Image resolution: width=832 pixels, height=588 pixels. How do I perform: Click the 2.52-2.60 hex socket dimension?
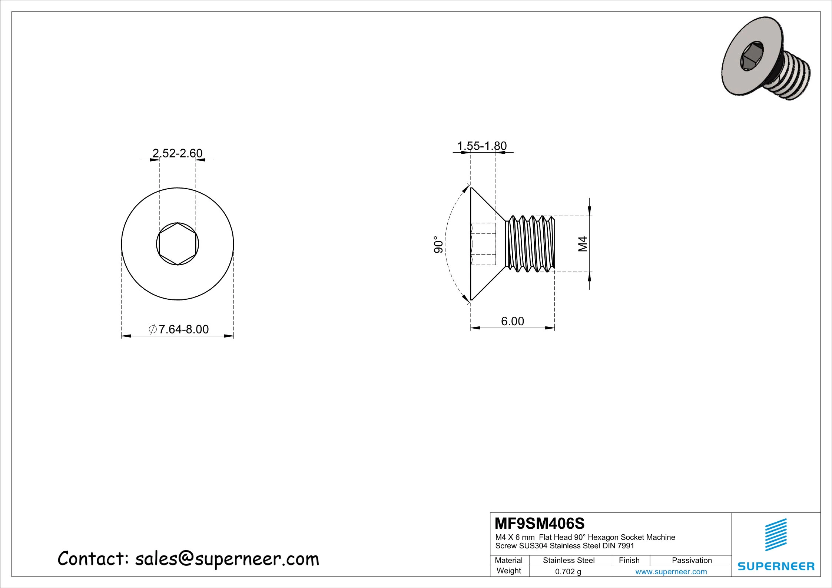[178, 153]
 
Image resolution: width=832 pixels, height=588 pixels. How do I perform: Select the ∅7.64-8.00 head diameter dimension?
[179, 329]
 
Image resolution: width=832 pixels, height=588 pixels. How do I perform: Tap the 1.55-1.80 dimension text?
[482, 146]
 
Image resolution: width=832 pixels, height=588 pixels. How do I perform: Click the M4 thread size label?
[583, 244]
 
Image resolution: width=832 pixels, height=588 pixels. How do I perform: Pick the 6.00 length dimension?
[513, 321]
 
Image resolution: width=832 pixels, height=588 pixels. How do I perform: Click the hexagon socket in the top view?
[178, 244]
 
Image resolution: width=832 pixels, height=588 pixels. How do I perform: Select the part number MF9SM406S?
[540, 524]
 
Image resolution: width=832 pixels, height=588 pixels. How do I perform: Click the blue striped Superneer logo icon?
[776, 535]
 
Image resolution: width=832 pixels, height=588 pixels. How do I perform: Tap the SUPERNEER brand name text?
[776, 567]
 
